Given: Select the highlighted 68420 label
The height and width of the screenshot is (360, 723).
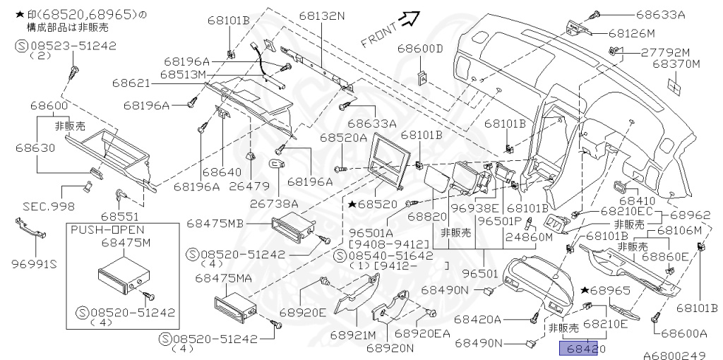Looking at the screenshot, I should click(582, 348).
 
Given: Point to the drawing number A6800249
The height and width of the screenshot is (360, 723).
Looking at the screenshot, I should click(674, 355).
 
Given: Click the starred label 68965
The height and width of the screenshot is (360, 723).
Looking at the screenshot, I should click(609, 290).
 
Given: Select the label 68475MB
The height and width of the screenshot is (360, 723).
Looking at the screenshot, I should click(215, 223).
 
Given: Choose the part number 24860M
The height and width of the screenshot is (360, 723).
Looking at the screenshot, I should click(529, 237).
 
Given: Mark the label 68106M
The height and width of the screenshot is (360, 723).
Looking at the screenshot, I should click(679, 230).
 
